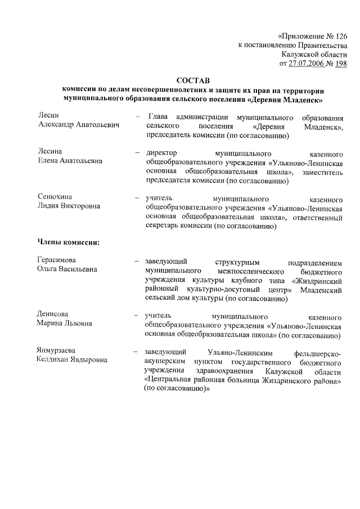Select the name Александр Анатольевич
[x=78, y=126]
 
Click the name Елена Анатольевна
[x=70, y=162]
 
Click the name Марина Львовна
[x=65, y=324]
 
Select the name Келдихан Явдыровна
[x=72, y=361]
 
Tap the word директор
[x=162, y=153]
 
